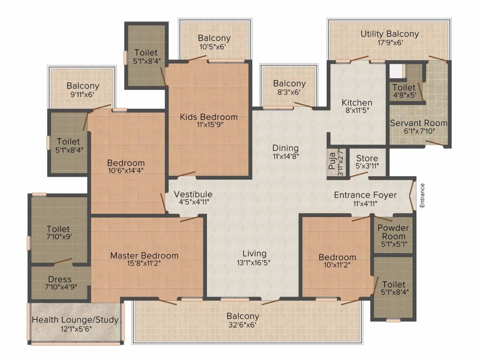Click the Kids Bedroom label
coord(209,117)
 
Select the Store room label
coord(367,158)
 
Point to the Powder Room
coord(393,231)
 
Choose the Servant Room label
coord(419,123)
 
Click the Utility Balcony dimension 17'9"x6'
coord(389,42)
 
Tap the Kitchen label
coord(357,103)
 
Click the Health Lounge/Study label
coord(75,320)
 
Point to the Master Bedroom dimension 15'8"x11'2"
coord(144,263)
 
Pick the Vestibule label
coord(193,194)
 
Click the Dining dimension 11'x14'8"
coord(285,156)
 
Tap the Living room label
coord(255,254)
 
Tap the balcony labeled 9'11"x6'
coord(82,90)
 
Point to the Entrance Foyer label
coord(365,195)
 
